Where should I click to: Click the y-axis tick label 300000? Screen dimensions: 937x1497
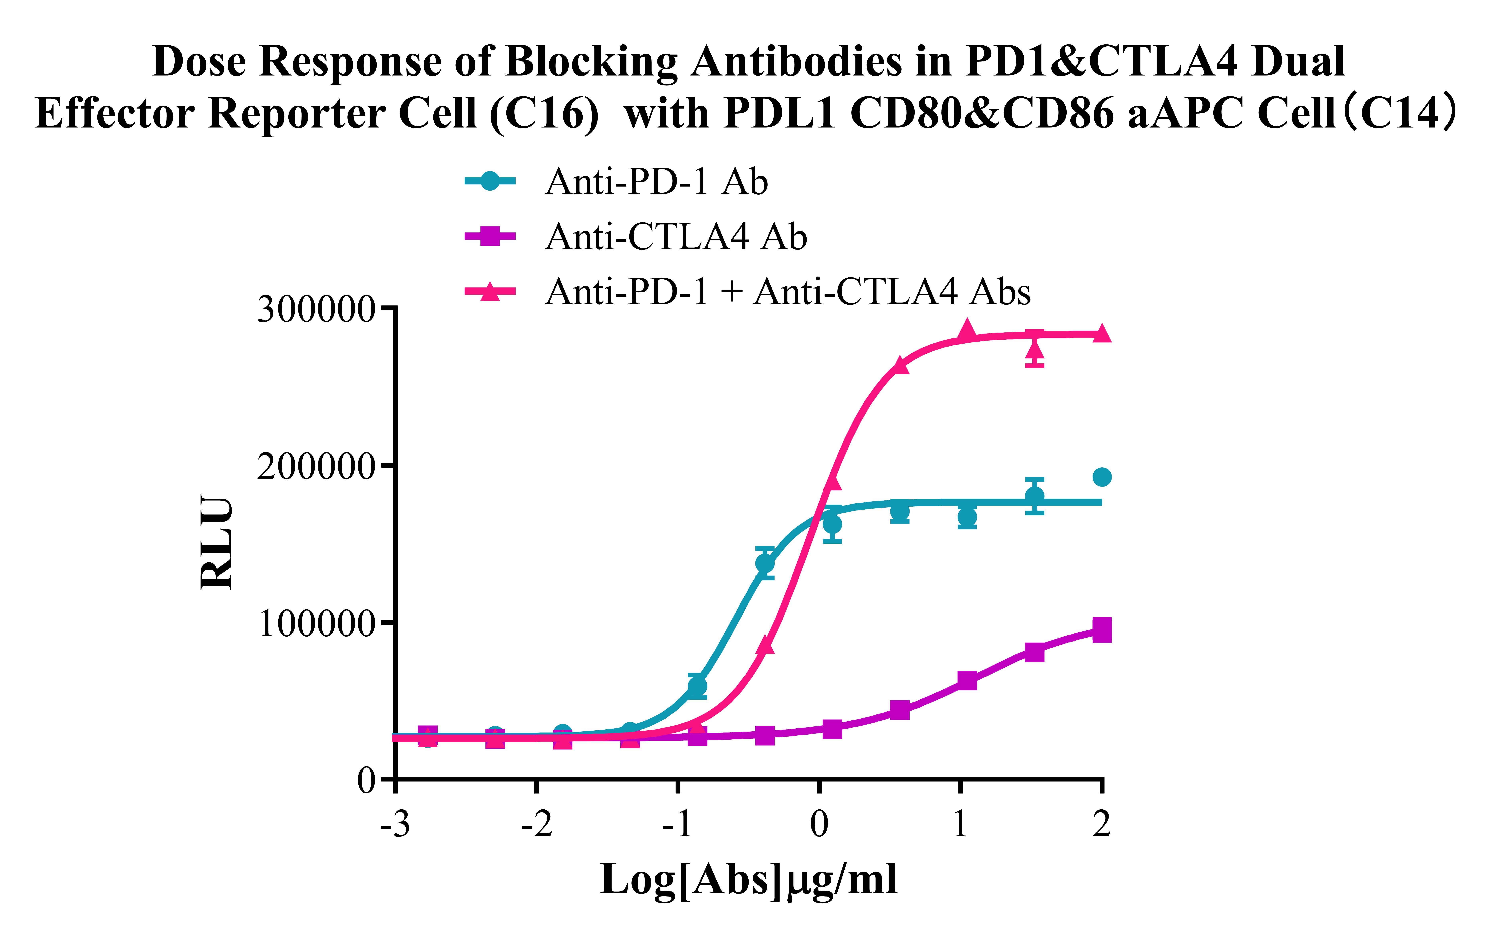coord(316,309)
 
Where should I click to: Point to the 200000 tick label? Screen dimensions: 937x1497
coord(316,466)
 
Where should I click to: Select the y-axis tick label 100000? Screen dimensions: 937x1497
coord(316,623)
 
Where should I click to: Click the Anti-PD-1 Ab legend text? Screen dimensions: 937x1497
coord(657,182)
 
